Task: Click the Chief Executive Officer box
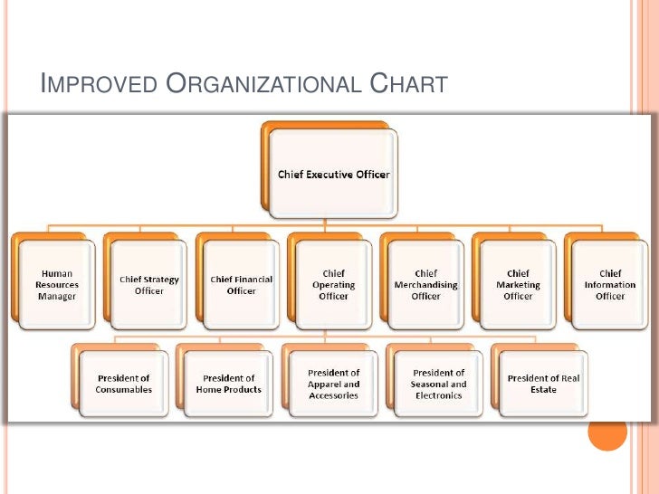point(332,174)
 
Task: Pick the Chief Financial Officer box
point(242,284)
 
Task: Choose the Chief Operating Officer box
point(333,284)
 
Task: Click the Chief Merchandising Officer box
point(425,284)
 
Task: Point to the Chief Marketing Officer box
point(518,284)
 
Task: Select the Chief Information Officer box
point(610,284)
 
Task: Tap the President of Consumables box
point(123,384)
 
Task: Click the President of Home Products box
point(228,384)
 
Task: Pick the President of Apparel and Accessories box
point(333,384)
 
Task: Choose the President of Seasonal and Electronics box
point(438,384)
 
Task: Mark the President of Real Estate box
point(543,384)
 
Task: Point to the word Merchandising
point(425,285)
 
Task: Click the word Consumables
point(123,390)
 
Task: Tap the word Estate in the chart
point(544,390)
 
